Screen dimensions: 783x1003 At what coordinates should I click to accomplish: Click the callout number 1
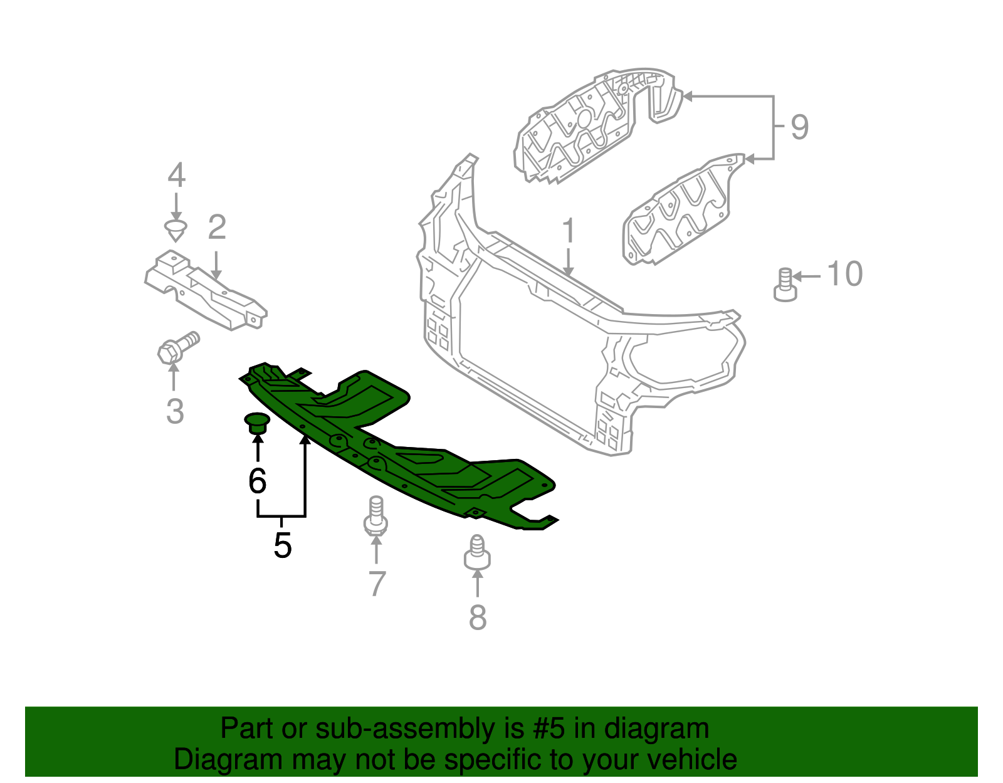569,231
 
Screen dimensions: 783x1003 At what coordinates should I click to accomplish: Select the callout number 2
217,228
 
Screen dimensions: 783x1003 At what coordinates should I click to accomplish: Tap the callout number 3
175,412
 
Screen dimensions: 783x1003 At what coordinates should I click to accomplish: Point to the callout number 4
177,176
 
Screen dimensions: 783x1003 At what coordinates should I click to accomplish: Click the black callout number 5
283,545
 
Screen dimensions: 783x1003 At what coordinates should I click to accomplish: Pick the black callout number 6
258,481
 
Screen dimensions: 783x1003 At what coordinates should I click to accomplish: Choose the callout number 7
377,584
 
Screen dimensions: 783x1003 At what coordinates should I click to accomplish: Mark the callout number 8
478,617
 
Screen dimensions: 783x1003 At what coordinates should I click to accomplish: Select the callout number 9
799,127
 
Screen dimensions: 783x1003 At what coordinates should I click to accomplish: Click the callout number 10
845,275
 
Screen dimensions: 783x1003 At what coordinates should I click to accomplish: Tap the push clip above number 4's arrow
176,229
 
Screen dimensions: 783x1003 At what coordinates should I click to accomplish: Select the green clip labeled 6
256,423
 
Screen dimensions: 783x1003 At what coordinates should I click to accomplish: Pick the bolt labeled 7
375,517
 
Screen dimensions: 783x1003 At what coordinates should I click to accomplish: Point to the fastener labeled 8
477,552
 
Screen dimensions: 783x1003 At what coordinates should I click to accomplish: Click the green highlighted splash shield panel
401,451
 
